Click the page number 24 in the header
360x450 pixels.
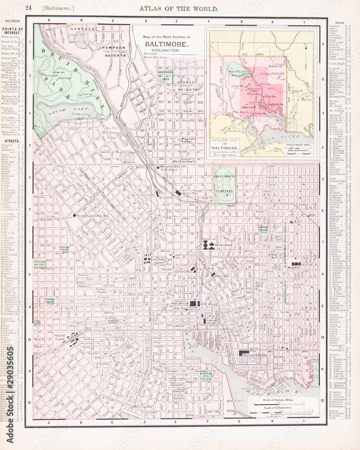(28, 8)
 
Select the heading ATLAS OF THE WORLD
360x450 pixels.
(179, 8)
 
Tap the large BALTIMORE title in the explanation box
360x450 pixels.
(166, 44)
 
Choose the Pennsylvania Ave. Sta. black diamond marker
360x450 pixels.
(74, 216)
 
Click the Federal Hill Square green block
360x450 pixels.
(206, 376)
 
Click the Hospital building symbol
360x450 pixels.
(296, 264)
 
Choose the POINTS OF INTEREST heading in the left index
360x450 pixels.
(13, 31)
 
